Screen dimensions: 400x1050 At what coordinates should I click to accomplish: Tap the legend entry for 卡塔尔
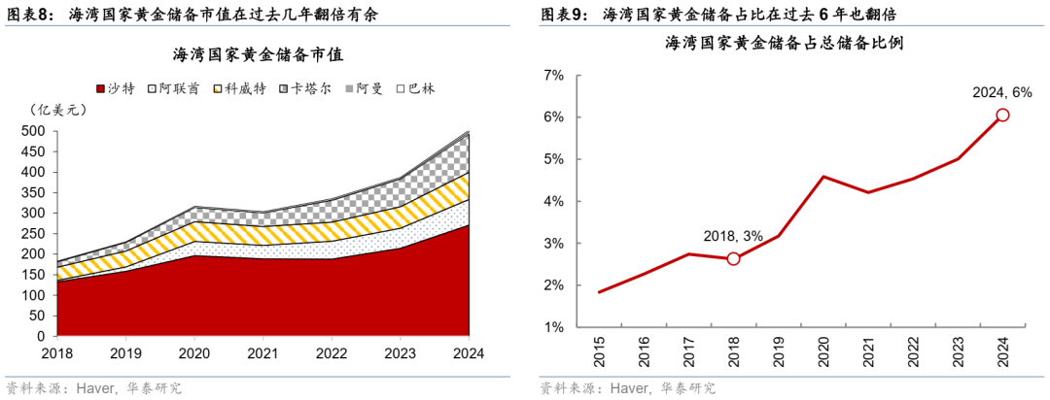click(304, 88)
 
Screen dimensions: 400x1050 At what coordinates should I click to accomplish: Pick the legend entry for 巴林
click(415, 88)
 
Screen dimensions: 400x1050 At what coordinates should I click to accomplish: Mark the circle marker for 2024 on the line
click(1002, 115)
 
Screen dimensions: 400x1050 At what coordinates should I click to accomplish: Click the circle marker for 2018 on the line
click(733, 258)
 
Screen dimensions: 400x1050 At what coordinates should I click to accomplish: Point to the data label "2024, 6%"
click(1002, 92)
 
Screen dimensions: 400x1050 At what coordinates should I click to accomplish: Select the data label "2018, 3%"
click(734, 236)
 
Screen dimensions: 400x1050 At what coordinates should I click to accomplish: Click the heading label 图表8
click(29, 15)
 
